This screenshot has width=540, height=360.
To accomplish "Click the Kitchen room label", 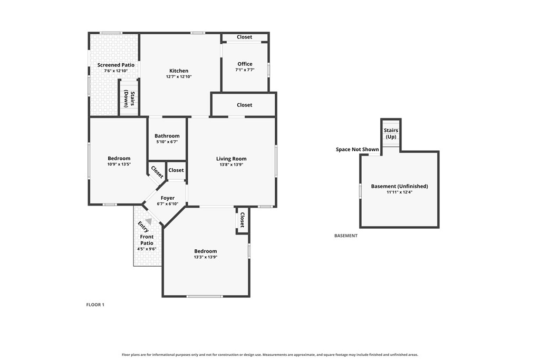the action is (179, 71).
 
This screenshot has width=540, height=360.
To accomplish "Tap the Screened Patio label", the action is (115, 65).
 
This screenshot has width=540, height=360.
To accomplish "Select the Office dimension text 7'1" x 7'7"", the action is (245, 70).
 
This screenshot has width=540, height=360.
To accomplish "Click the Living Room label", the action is (231, 159).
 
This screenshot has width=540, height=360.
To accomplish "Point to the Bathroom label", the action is (167, 136).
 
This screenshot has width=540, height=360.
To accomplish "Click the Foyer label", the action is (168, 198).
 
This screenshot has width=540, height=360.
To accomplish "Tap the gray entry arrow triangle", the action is (148, 221).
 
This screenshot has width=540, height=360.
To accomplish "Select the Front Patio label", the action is (147, 240).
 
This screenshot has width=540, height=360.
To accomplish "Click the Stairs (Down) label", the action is (129, 99).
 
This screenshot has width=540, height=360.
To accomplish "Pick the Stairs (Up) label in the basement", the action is (391, 133).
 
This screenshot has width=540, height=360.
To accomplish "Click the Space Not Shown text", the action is (357, 149).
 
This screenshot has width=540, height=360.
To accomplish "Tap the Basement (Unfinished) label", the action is (400, 186).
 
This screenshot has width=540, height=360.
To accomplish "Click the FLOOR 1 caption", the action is (95, 305).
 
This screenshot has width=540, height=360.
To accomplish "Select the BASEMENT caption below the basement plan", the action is (346, 236).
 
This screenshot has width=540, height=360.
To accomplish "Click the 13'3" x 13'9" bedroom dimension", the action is (206, 257).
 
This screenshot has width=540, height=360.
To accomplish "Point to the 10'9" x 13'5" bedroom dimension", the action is (119, 164).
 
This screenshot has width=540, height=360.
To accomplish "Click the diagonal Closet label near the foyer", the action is (157, 172).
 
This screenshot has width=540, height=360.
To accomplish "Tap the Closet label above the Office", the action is (245, 37).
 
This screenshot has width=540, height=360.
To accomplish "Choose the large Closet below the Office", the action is (245, 105).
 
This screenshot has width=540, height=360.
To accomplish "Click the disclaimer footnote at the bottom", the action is (270, 355).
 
